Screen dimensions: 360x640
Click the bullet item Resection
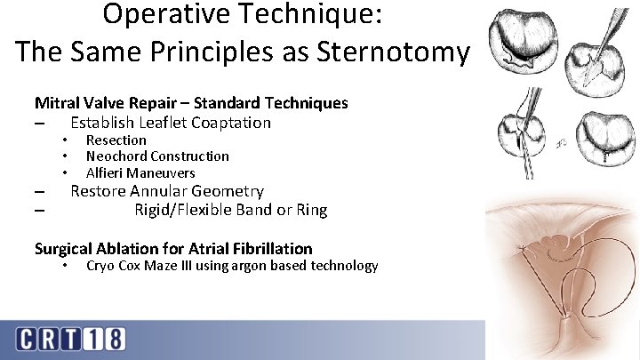coord(116,140)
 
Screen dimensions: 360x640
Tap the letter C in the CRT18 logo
coord(27,340)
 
